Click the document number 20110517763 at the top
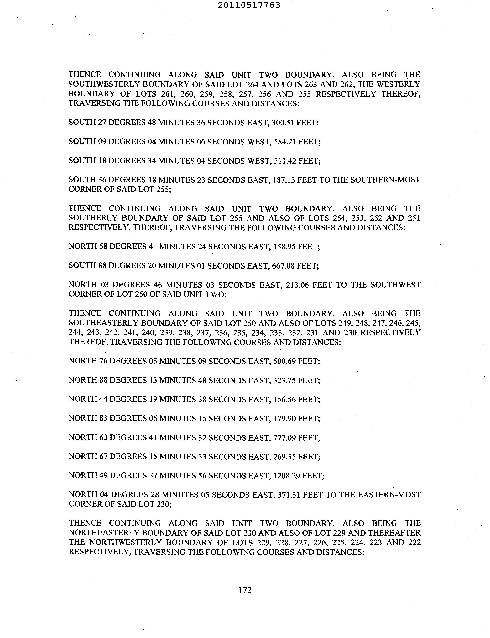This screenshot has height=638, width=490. pos(249,5)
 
